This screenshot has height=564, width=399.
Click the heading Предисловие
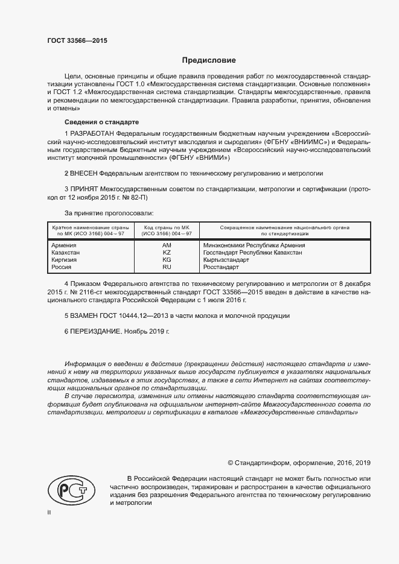pos(209,60)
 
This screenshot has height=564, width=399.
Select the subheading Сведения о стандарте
pos(92,122)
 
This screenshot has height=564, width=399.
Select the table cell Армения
pos(64,246)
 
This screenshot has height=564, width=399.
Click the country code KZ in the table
pos(167,253)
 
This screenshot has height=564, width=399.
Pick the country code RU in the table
pos(167,267)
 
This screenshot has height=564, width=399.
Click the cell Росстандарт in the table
pos(222,267)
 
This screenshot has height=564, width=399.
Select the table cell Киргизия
pos(65,260)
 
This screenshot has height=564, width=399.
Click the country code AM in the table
pos(167,246)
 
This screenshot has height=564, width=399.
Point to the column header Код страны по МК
pos(167,227)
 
